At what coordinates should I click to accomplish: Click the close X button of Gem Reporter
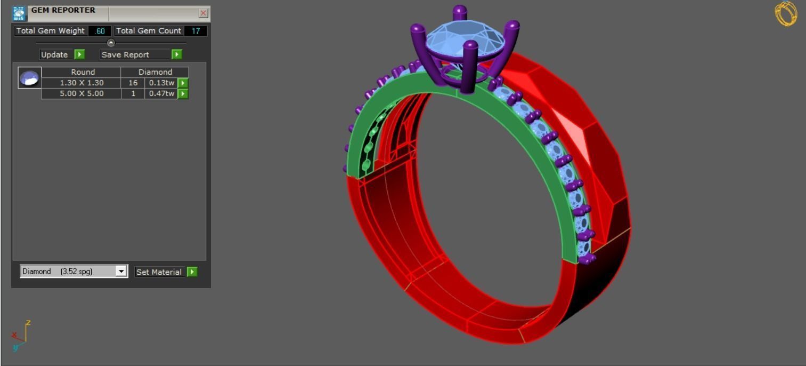pyautogui.click(x=203, y=13)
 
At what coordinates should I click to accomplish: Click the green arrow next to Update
pyautogui.click(x=79, y=54)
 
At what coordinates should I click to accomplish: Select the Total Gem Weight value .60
pyautogui.click(x=100, y=31)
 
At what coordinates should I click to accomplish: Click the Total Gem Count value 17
pyautogui.click(x=196, y=31)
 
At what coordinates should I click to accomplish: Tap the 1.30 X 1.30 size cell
pyautogui.click(x=82, y=83)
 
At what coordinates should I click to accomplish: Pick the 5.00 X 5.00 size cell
pyautogui.click(x=82, y=93)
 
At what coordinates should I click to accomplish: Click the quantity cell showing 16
pyautogui.click(x=133, y=83)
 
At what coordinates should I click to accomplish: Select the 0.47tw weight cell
pyautogui.click(x=161, y=93)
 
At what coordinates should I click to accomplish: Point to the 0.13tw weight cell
pyautogui.click(x=161, y=83)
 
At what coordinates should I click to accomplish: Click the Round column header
pyautogui.click(x=83, y=72)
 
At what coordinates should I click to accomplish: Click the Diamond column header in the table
pyautogui.click(x=155, y=72)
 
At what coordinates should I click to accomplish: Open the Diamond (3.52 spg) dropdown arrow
pyautogui.click(x=121, y=271)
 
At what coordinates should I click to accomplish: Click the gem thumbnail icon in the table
pyautogui.click(x=29, y=78)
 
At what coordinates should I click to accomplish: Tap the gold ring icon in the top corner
pyautogui.click(x=786, y=13)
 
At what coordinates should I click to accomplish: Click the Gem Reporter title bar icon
pyautogui.click(x=19, y=13)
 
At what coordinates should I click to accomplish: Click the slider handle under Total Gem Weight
pyautogui.click(x=111, y=43)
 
